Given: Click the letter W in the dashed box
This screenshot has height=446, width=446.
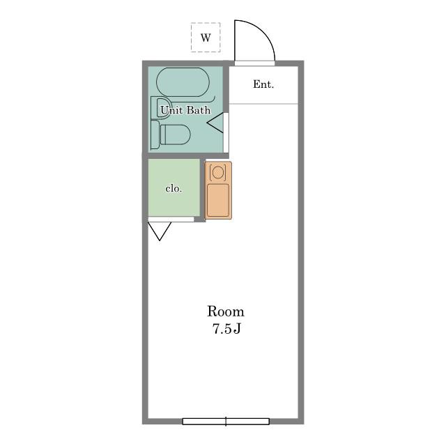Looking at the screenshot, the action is pos(206,38).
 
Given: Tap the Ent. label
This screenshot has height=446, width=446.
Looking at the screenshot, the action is pos(263,84).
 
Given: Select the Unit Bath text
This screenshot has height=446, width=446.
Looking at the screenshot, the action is pos(185,110).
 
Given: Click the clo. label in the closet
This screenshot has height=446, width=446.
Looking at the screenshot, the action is pos(174,189).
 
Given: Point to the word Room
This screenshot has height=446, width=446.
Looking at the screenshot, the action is pos(226,312).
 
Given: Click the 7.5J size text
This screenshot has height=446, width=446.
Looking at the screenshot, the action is pos(226,329).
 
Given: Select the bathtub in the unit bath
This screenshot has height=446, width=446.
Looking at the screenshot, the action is pos(183,82).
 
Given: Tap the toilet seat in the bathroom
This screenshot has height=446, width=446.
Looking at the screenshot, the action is pos(175,134).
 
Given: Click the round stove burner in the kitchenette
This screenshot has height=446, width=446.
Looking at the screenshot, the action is pos(218,172).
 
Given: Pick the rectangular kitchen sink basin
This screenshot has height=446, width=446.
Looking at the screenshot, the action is pos(218,200).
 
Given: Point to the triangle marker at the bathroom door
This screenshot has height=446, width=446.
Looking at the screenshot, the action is pos(215,123).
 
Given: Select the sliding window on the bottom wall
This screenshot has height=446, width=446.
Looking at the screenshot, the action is pos(226,421).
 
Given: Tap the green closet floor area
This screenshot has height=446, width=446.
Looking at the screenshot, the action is pos(174,187).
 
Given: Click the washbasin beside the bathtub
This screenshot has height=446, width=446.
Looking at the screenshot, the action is pos(161,107).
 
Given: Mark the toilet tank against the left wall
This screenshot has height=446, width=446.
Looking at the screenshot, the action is pos(155,134).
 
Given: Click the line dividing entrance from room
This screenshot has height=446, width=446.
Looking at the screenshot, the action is pos(263,104).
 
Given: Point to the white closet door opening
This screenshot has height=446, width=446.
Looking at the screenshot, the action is pos(171,220).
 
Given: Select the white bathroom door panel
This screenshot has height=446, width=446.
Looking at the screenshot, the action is pos(226,132).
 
